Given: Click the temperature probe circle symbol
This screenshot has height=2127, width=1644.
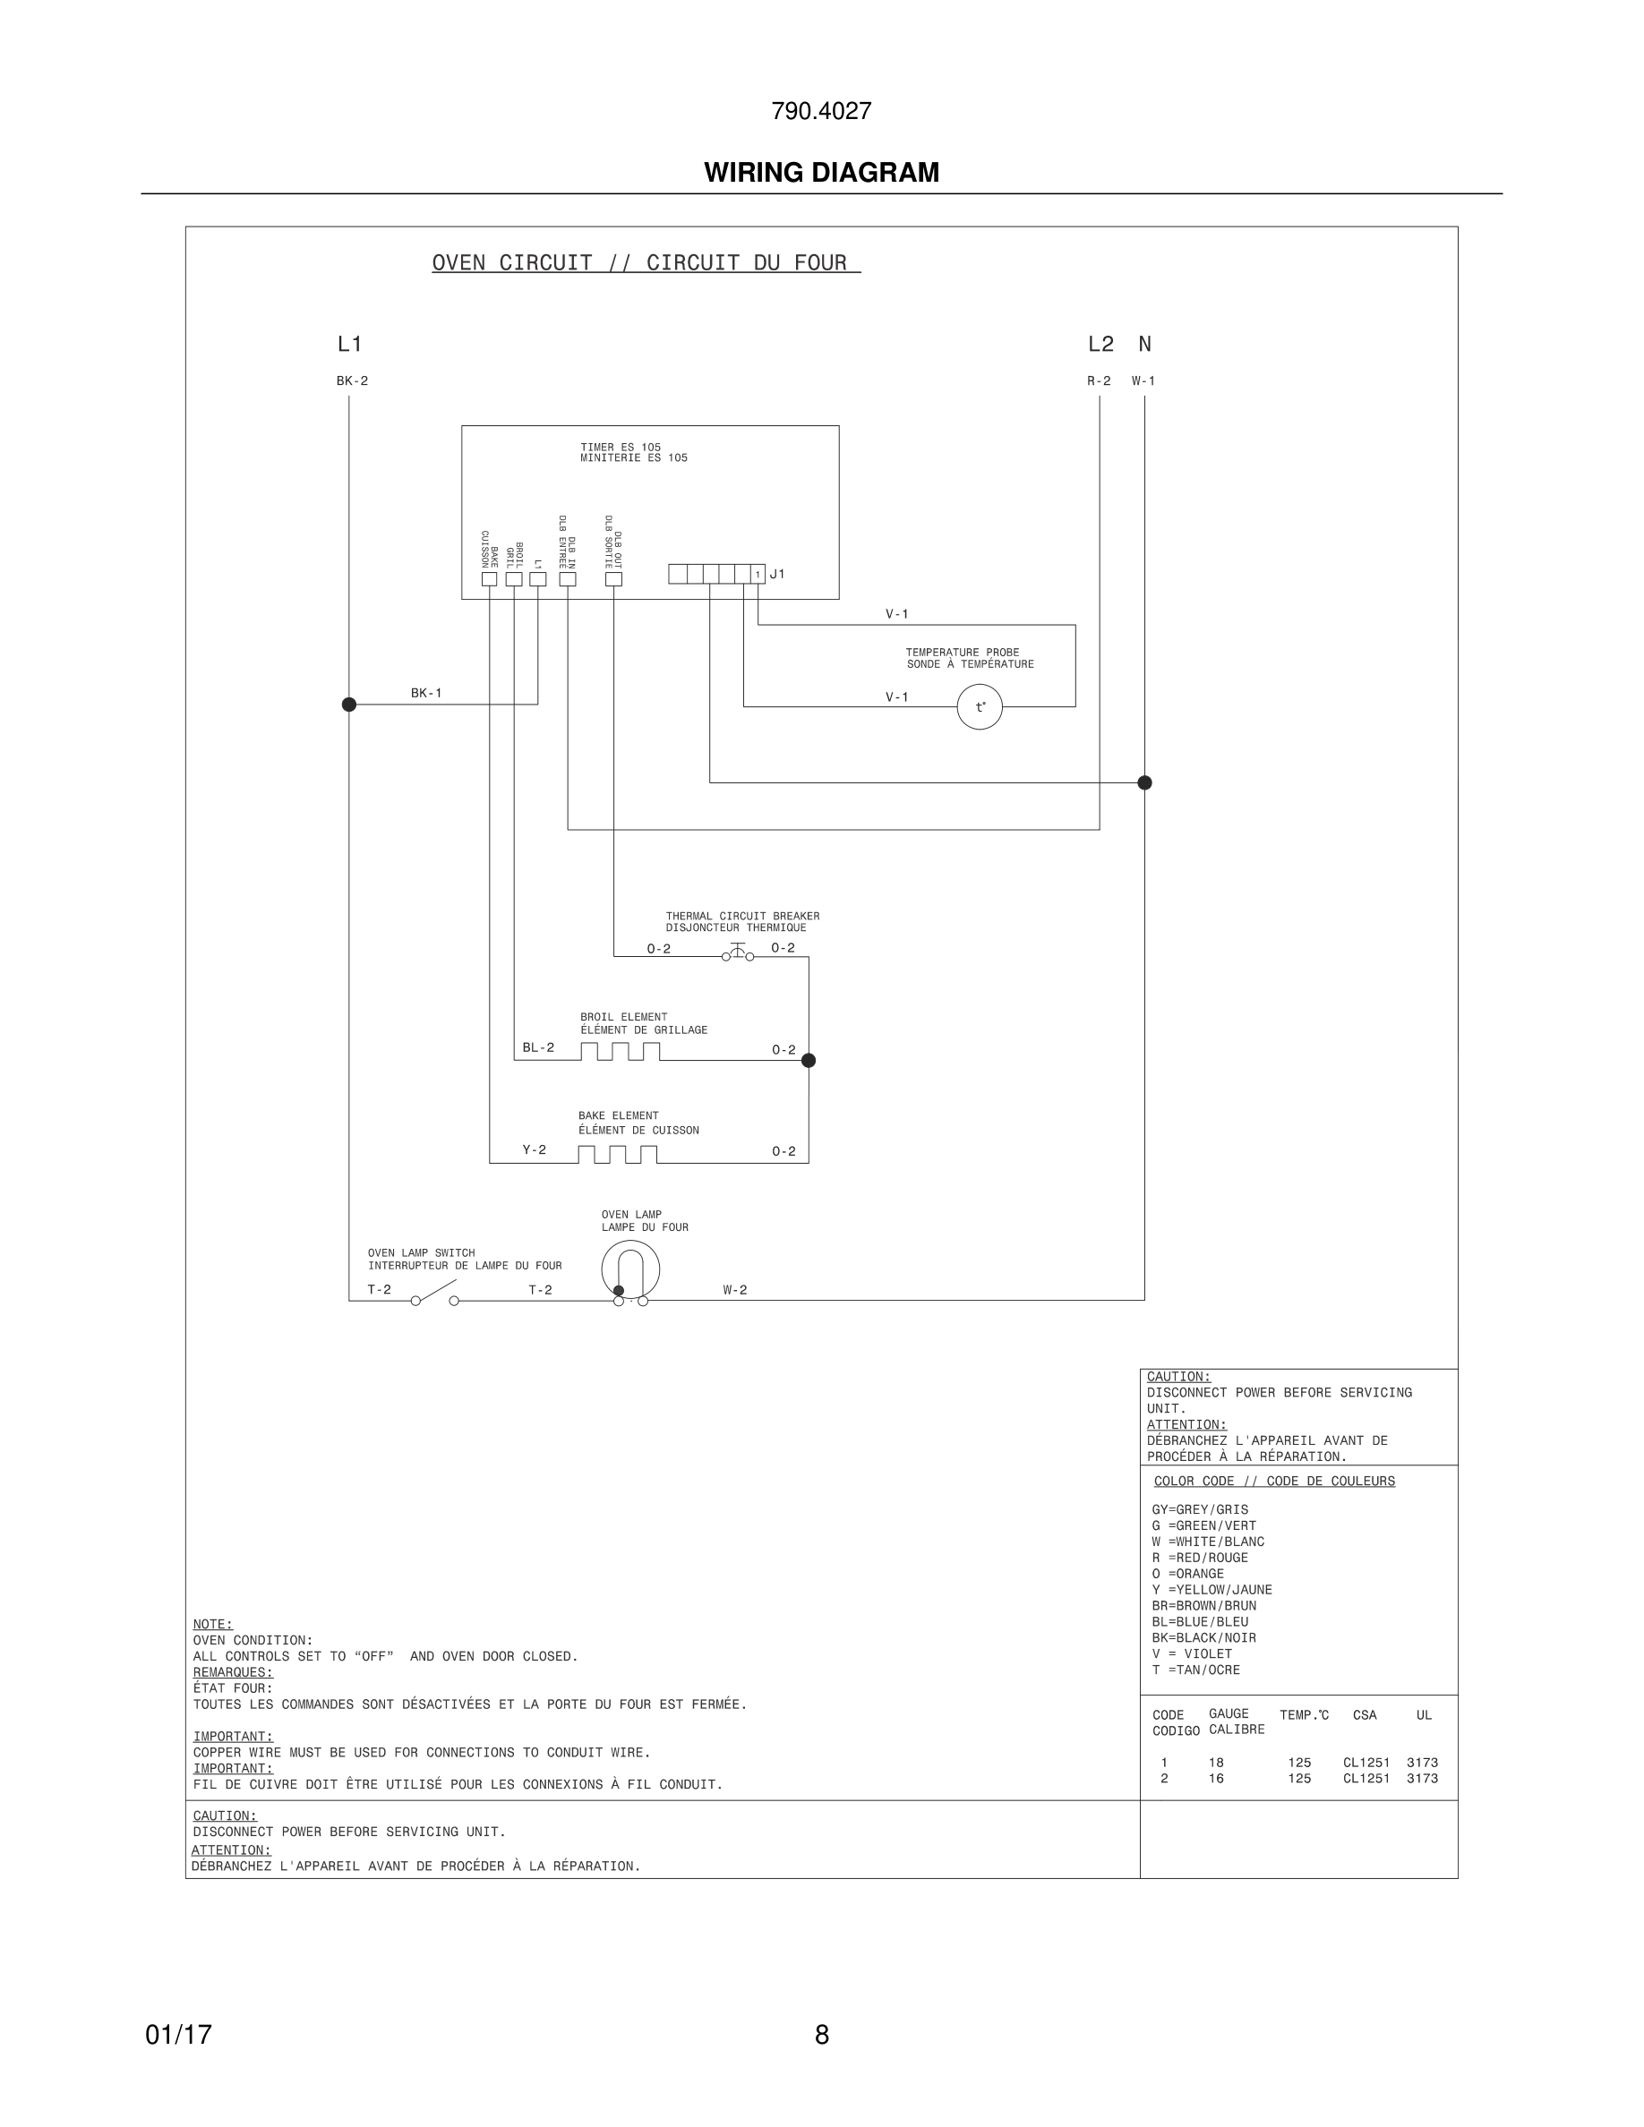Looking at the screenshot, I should point(979,707).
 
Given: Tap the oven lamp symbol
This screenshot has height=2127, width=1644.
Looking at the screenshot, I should point(630,1270).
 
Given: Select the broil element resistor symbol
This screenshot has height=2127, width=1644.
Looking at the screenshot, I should point(621,1052).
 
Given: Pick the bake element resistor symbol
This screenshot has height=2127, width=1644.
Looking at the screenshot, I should point(618,1155).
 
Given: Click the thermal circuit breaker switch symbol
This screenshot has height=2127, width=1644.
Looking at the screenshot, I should point(737,952).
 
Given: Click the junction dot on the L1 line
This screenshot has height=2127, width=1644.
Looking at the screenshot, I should point(348,705).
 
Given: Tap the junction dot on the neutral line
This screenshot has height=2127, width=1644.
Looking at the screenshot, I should point(1144,782).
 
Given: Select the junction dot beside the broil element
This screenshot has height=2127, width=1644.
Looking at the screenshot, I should point(809,1061).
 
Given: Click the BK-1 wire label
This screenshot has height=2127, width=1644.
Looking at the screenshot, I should point(426,694).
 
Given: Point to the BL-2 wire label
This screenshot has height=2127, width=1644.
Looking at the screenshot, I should point(538,1048).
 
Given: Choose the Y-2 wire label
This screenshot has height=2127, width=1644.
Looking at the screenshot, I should point(535,1150).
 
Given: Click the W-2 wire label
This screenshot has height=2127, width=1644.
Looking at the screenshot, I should point(735,1290).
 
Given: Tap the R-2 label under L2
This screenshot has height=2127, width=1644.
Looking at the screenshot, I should point(1099,380).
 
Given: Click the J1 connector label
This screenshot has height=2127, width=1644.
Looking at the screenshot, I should point(777,575).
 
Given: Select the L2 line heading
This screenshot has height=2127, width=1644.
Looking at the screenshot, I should point(1100,344).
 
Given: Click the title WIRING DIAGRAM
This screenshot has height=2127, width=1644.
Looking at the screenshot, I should point(821,173).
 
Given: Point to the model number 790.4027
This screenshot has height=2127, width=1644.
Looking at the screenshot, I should point(821,111).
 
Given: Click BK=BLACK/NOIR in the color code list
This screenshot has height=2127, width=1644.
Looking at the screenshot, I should point(1203,1638).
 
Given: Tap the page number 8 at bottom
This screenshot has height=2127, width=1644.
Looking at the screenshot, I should point(821,2035).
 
